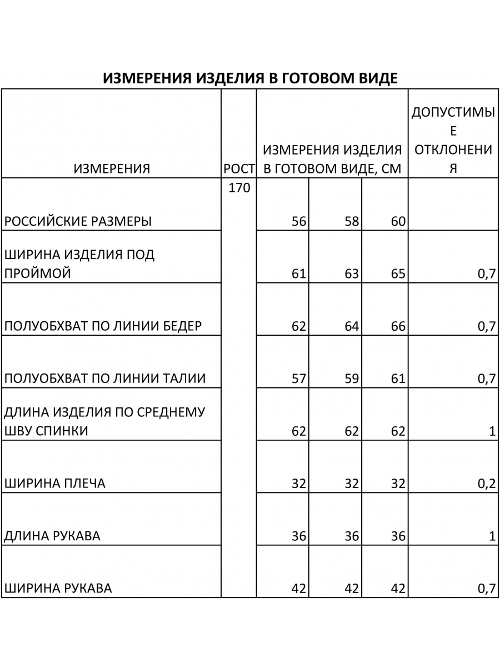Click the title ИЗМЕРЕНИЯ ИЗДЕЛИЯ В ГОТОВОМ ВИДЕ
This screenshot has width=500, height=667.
(x=250, y=78)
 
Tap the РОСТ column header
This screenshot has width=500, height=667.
(x=239, y=169)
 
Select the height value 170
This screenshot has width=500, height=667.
(x=239, y=188)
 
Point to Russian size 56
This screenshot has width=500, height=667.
(x=299, y=222)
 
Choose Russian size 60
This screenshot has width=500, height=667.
(x=398, y=222)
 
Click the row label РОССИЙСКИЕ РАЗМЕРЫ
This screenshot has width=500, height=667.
(x=78, y=222)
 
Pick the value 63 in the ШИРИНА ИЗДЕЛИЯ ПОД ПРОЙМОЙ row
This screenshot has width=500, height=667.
(x=351, y=274)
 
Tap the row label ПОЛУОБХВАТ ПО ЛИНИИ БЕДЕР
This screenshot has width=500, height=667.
(x=103, y=326)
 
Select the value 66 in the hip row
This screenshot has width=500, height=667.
(x=398, y=326)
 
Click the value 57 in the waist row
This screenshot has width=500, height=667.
(x=299, y=379)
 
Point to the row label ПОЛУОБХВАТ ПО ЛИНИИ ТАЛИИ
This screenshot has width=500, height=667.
(x=105, y=379)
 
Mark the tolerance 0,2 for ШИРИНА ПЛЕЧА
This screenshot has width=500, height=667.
(x=486, y=484)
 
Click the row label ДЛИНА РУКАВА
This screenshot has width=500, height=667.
(x=52, y=536)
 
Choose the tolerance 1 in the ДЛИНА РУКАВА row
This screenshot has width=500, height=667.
(x=492, y=536)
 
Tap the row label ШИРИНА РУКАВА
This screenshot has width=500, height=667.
(x=58, y=589)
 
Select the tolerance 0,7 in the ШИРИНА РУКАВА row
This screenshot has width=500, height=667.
(x=486, y=589)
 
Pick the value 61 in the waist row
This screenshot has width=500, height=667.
(x=398, y=379)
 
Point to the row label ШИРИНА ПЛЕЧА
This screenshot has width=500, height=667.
(x=54, y=484)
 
